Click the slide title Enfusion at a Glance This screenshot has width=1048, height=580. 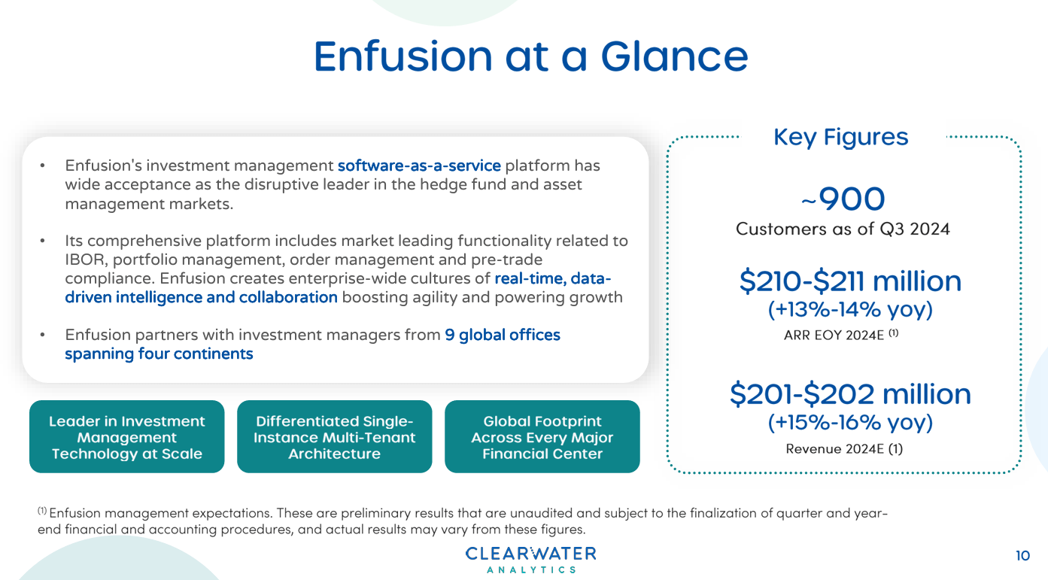tap(530, 56)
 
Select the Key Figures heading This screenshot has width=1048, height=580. tap(840, 137)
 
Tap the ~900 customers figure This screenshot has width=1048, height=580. tap(843, 199)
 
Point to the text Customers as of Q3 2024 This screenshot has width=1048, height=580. tap(843, 229)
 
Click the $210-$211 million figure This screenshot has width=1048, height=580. tap(850, 281)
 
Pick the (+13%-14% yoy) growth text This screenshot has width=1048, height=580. tap(850, 309)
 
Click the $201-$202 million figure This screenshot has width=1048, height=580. tap(850, 394)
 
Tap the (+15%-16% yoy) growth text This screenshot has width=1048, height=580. tap(850, 422)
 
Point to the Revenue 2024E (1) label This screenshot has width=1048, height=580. tap(844, 448)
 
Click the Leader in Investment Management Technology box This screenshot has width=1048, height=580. tap(126, 437)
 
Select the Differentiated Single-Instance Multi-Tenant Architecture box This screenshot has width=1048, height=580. tap(334, 437)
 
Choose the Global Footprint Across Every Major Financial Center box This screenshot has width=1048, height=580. tap(542, 437)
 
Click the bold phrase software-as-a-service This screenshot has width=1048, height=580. tap(419, 165)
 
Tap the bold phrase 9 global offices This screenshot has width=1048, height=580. tap(502, 335)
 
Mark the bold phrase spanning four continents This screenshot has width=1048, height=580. tap(159, 354)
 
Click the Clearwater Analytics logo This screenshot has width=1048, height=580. tap(530, 560)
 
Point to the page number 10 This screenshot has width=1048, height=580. tap(1022, 556)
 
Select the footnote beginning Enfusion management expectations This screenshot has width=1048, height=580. tap(463, 521)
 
